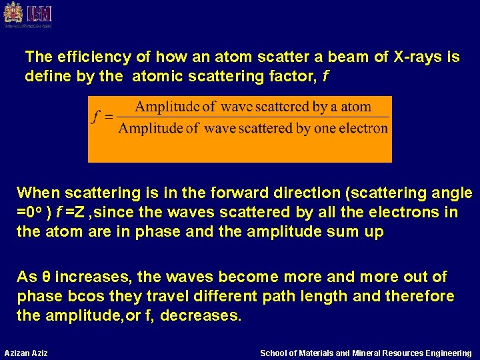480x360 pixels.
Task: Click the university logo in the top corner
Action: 27,15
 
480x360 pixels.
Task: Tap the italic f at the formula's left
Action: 96,117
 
